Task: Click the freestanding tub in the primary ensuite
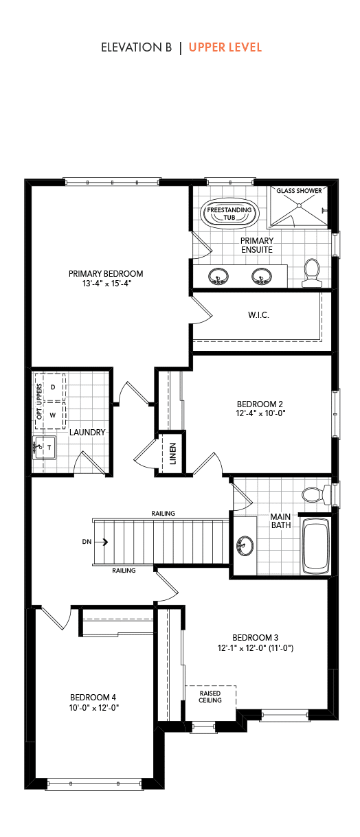coord(229,213)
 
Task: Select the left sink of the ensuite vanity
coord(218,277)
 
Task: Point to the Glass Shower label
coord(299,191)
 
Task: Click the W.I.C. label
coord(258,315)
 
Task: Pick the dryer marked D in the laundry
coord(52,387)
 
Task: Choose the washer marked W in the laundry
coord(52,415)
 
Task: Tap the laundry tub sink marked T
coord(44,447)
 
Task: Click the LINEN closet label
coord(172,454)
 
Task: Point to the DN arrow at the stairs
coord(101,542)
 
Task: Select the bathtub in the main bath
coord(316,546)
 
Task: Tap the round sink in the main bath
coord(245,545)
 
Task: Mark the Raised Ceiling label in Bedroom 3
coord(210,697)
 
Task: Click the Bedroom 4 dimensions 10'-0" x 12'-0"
coord(94,708)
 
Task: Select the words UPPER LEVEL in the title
coord(225,47)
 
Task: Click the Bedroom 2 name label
coord(260,404)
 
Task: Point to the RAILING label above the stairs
coord(163,514)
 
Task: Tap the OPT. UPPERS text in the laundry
coord(39,401)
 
